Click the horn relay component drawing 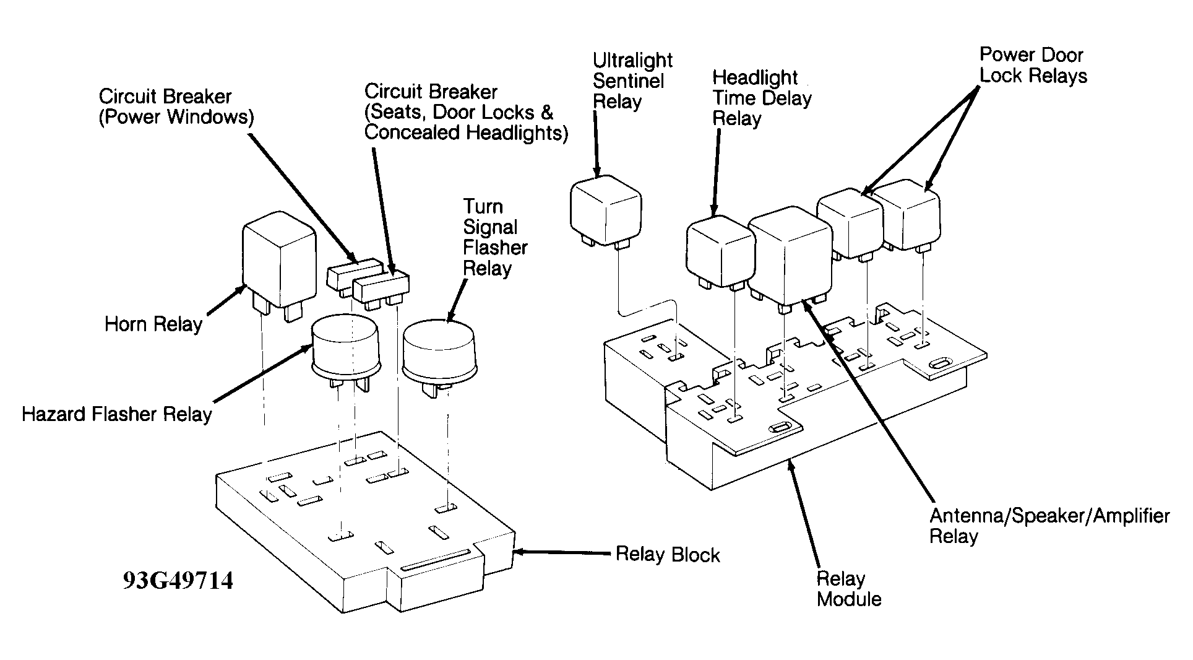pyautogui.click(x=278, y=271)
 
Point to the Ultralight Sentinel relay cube pyautogui.click(x=605, y=213)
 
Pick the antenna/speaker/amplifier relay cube pyautogui.click(x=790, y=255)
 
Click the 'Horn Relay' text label pyautogui.click(x=153, y=324)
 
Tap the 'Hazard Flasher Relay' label pyautogui.click(x=117, y=414)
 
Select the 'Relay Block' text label pyautogui.click(x=668, y=554)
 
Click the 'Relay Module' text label pyautogui.click(x=849, y=589)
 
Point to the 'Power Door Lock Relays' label pyautogui.click(x=1033, y=66)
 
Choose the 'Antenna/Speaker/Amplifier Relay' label pyautogui.click(x=1049, y=526)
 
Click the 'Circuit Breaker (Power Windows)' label pyautogui.click(x=176, y=106)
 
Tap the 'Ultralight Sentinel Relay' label pyautogui.click(x=632, y=81)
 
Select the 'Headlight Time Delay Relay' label pyautogui.click(x=762, y=98)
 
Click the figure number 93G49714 pyautogui.click(x=178, y=581)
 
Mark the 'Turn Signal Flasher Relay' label pyautogui.click(x=495, y=237)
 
